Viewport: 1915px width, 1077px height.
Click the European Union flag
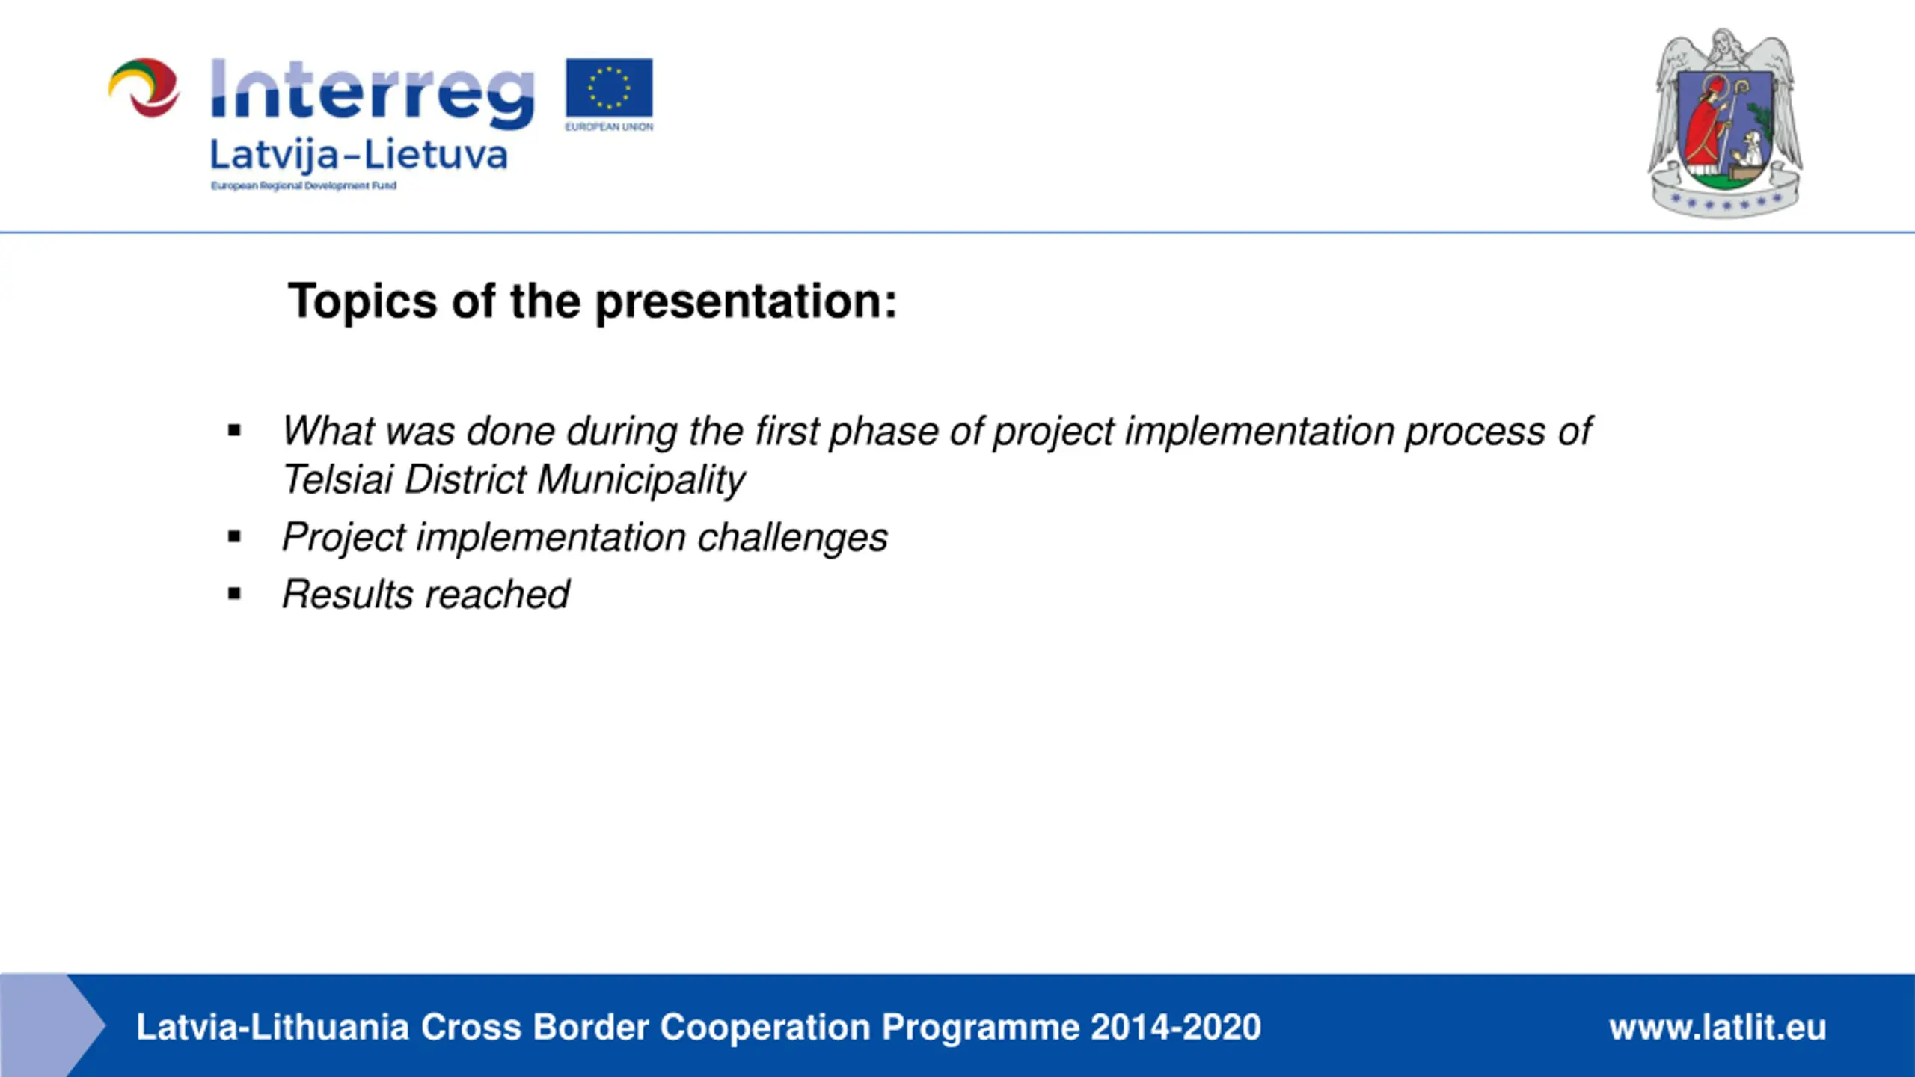tap(609, 88)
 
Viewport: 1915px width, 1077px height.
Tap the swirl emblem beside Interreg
tap(144, 88)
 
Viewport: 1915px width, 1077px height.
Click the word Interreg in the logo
tap(373, 94)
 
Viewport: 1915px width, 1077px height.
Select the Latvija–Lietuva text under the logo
tap(359, 156)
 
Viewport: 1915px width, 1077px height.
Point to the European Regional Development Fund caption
tap(304, 185)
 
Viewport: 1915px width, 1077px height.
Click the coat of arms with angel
tap(1725, 123)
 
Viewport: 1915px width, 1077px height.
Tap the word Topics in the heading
tap(363, 301)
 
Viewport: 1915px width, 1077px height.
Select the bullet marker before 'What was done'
tap(235, 431)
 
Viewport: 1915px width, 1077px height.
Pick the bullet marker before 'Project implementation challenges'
tap(235, 536)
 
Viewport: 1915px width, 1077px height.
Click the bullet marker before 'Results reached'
tap(235, 595)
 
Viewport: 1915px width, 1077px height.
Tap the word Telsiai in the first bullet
tap(338, 479)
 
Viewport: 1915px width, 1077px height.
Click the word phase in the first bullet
tap(883, 432)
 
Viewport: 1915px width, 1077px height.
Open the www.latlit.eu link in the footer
tap(1718, 1027)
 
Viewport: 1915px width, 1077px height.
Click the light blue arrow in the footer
tap(52, 1025)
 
